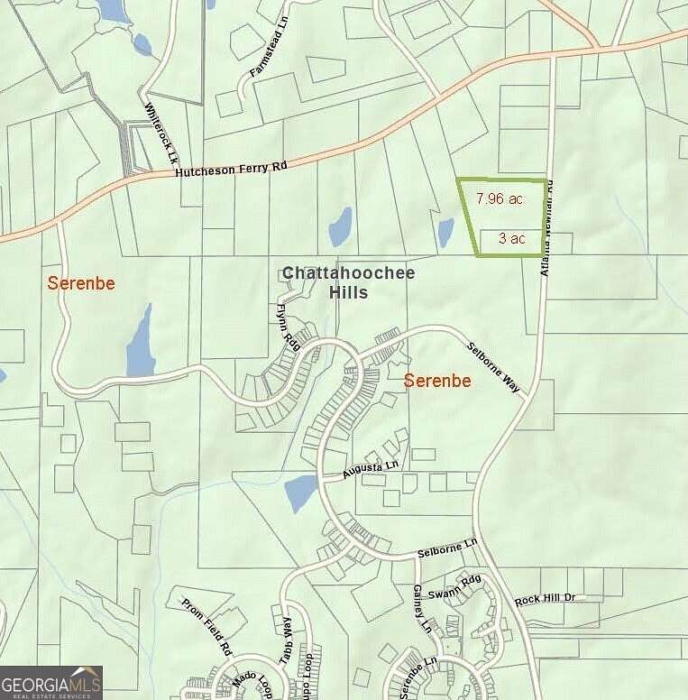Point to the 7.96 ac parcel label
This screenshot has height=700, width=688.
[x=497, y=199]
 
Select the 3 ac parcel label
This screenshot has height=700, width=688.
[x=511, y=238]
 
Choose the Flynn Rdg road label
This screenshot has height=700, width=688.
[x=287, y=327]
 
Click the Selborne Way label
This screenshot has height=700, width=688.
[x=493, y=367]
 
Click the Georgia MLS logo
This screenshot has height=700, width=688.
[x=51, y=682]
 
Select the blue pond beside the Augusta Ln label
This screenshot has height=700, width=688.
[x=300, y=493]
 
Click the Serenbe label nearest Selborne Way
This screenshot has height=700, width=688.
[x=437, y=381]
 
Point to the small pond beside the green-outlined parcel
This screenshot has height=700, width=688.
[x=445, y=232]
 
